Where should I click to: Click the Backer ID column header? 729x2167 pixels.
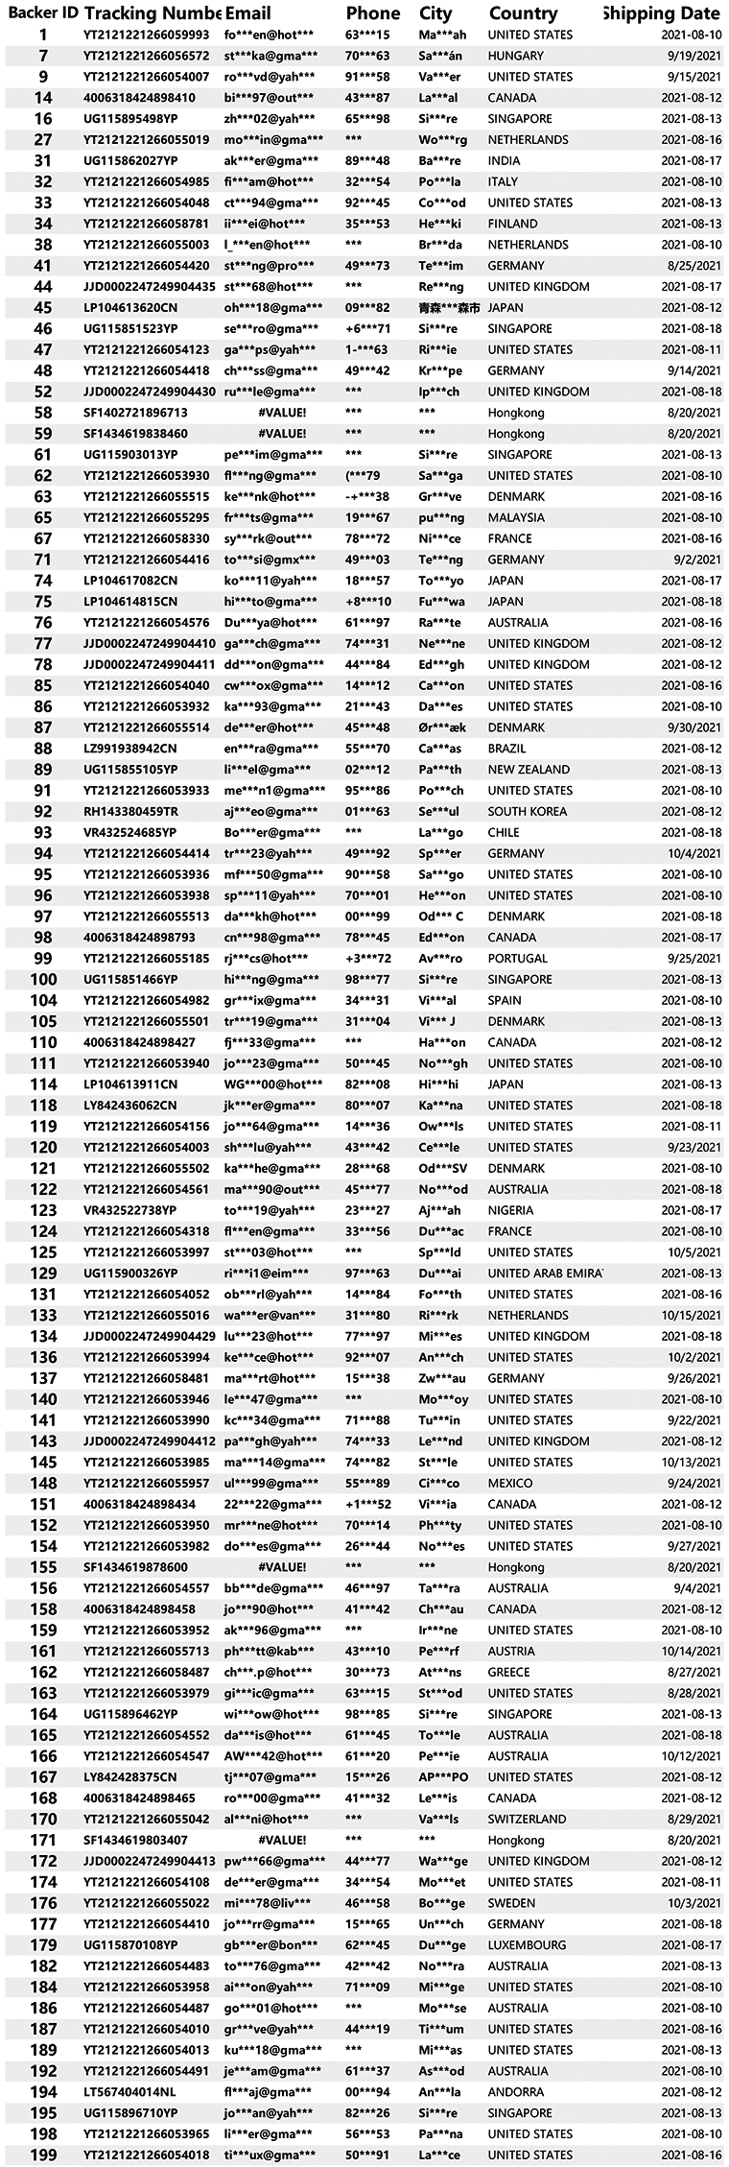42,13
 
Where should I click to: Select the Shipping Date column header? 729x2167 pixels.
662,13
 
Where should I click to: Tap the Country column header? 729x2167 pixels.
523,13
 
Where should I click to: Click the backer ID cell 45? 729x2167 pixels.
42,308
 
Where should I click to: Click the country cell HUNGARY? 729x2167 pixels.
515,56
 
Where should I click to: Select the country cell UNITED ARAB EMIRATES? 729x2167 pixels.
545,1274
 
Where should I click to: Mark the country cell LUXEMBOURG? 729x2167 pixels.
527,1945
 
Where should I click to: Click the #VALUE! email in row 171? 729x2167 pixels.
282,1840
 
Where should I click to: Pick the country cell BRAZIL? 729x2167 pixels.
508,749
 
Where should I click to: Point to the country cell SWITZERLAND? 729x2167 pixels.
527,1819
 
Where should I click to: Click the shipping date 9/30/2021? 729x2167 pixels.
692,727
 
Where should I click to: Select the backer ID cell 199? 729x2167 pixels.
42,2155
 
